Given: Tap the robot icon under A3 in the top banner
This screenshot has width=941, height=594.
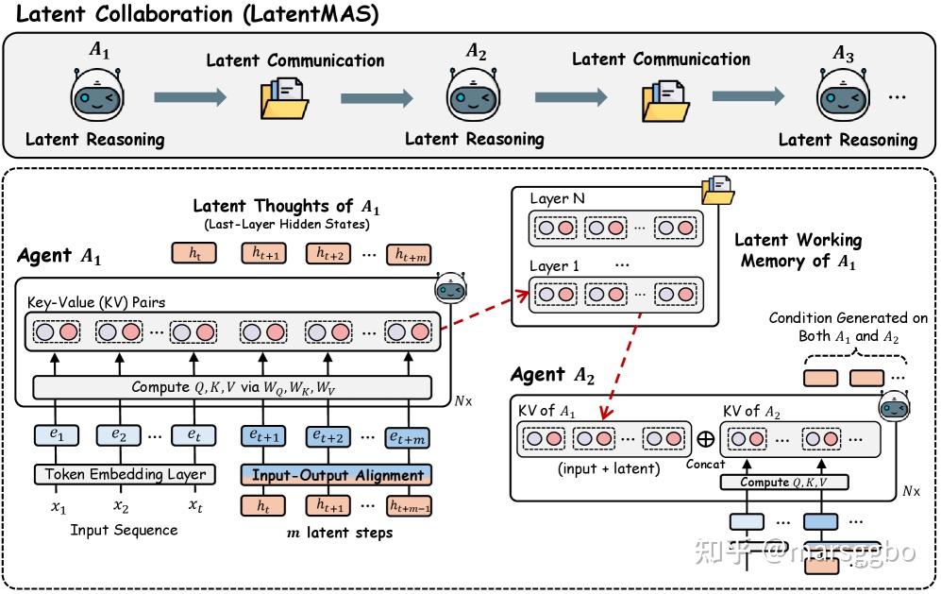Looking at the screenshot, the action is (x=843, y=93).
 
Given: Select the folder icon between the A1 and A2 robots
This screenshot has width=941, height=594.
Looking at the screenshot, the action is (x=284, y=98).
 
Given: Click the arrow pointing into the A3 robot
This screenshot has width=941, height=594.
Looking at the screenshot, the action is (x=748, y=96).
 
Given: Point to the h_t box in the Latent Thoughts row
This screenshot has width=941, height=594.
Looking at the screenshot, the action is (x=194, y=253).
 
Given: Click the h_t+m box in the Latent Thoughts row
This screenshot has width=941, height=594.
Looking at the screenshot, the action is (x=409, y=255).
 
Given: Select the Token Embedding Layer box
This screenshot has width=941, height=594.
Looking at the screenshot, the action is (x=125, y=474).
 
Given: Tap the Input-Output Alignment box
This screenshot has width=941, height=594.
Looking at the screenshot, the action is (x=336, y=475).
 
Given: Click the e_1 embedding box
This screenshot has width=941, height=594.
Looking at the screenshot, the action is (x=57, y=434).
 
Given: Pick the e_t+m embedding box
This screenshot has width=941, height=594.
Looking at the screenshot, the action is (x=408, y=437).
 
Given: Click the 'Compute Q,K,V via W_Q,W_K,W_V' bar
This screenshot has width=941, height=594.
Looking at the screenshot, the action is (x=232, y=387).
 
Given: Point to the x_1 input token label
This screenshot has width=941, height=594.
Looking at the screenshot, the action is (x=59, y=507).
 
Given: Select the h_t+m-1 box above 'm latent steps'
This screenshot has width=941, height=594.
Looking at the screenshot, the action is (x=409, y=506).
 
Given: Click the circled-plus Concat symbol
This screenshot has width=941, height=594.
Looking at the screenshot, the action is (x=706, y=439).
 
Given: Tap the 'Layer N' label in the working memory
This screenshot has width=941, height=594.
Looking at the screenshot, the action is (x=557, y=199).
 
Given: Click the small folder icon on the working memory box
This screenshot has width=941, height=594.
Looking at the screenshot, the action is (x=717, y=191).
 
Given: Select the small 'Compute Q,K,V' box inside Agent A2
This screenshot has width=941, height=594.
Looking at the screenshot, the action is (x=783, y=483).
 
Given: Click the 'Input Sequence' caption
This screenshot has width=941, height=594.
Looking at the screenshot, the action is (x=124, y=530).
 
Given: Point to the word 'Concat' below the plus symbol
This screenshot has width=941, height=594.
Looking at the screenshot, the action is (x=705, y=465).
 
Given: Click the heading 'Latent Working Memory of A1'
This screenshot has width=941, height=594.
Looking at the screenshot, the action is (x=798, y=250).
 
